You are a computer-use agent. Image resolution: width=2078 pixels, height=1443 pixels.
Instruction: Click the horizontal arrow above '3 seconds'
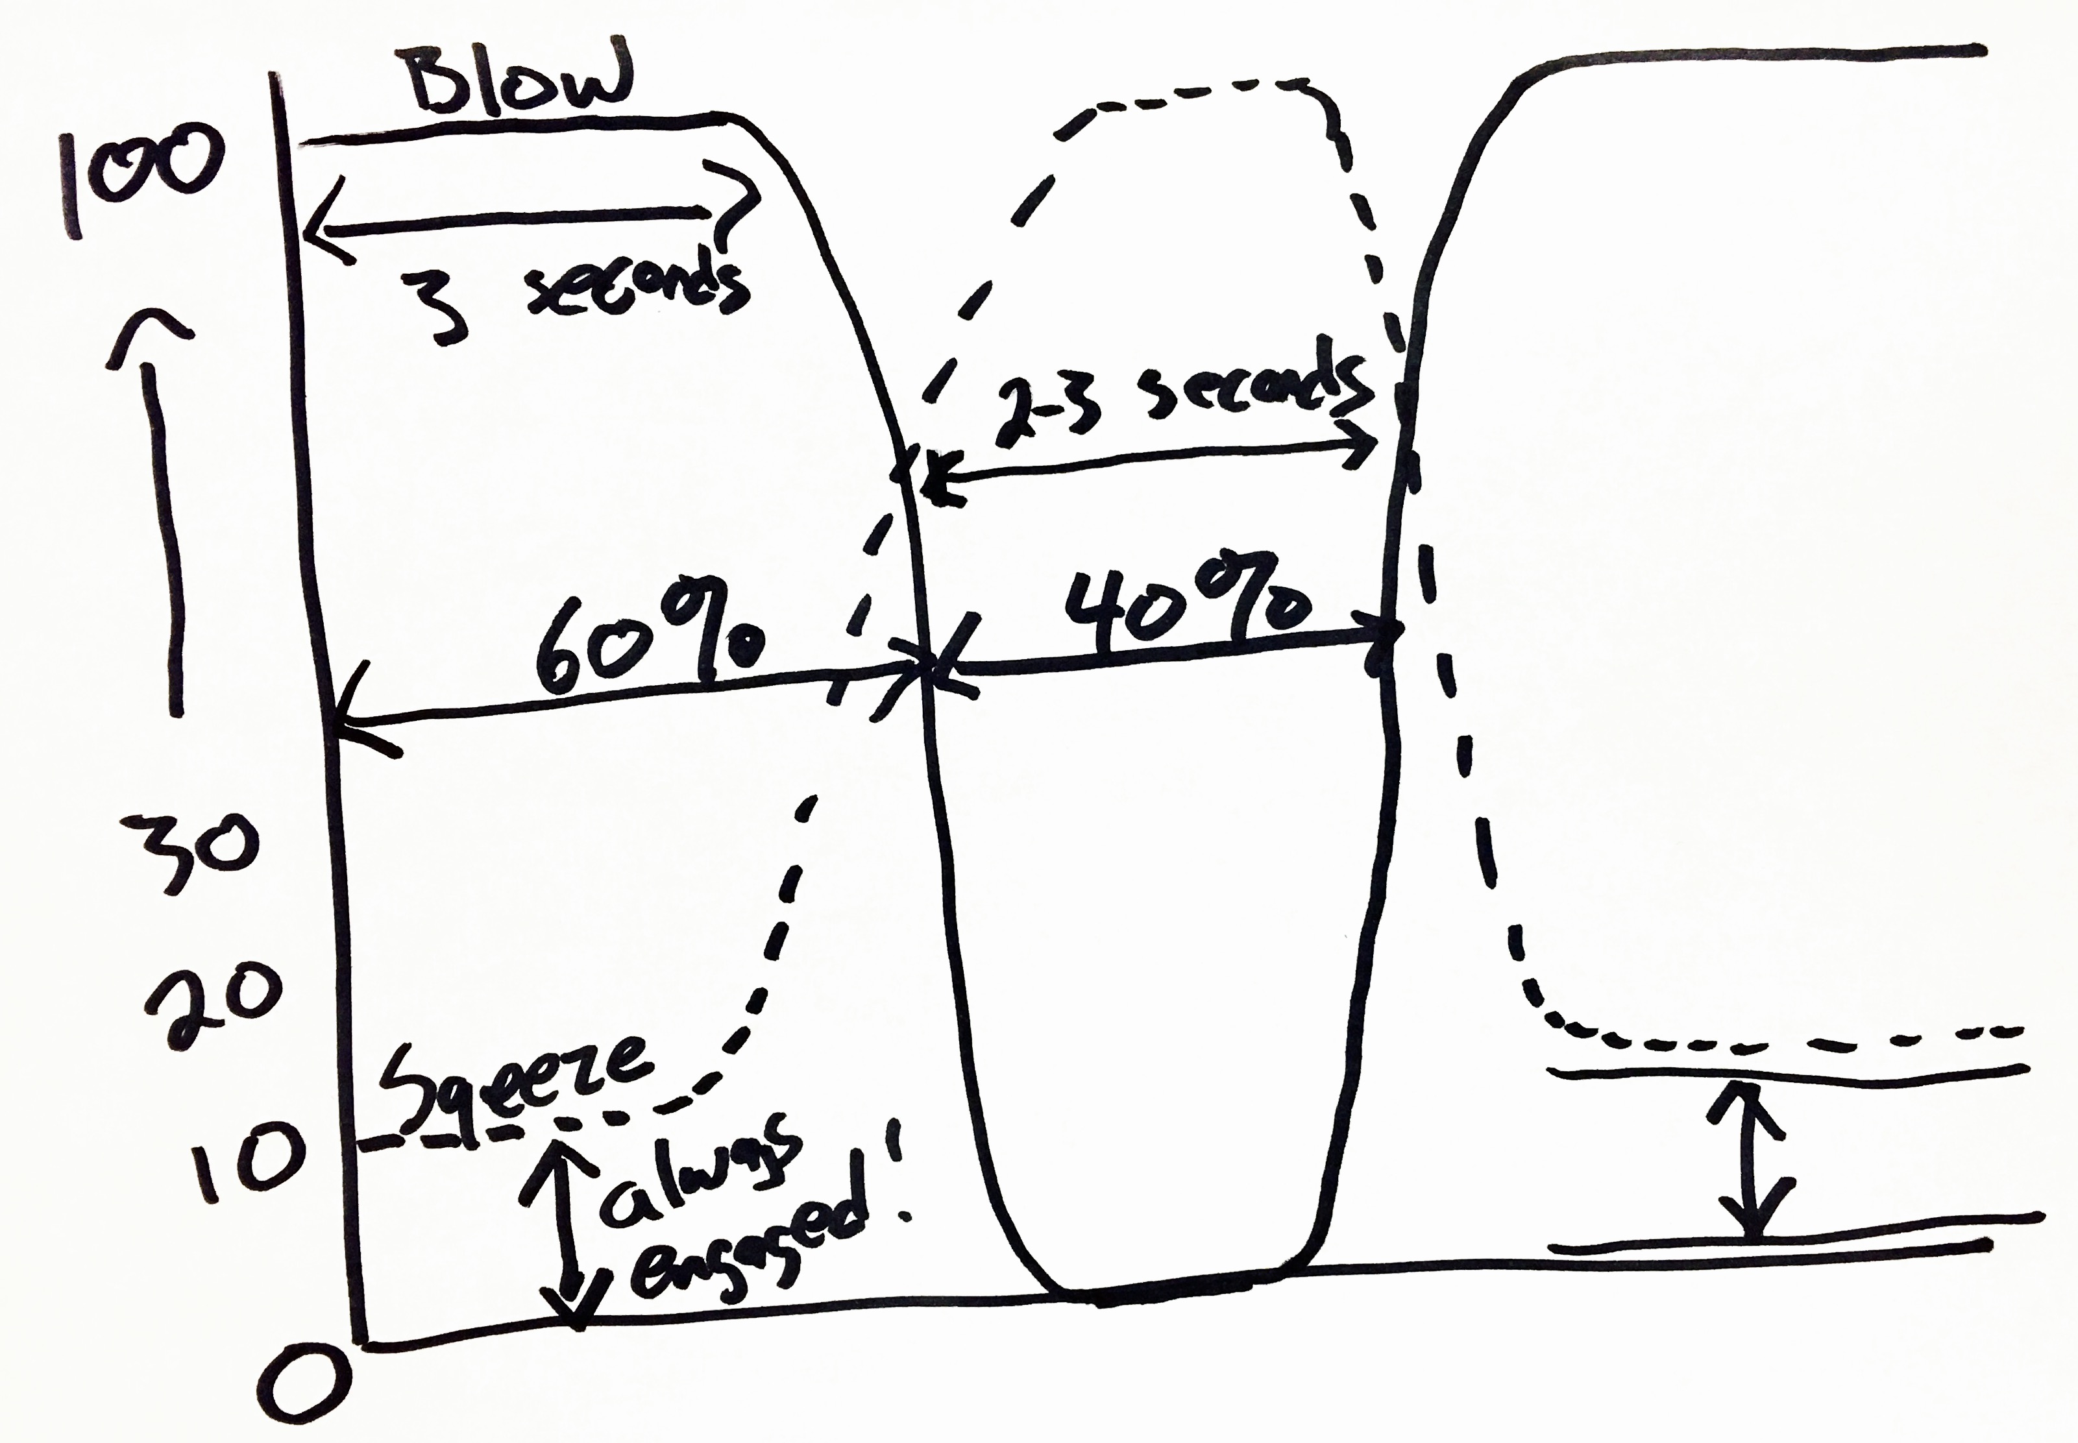[529, 217]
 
